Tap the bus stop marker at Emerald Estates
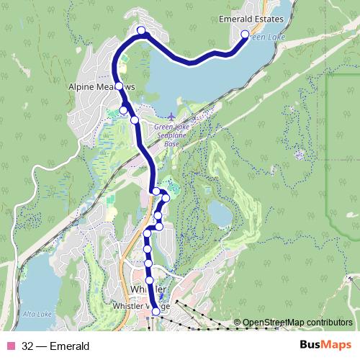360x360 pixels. click(245, 35)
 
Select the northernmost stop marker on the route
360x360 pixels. click(141, 30)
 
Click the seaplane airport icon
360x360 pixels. click(171, 117)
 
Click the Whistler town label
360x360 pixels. click(150, 289)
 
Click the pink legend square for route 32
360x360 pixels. click(10, 346)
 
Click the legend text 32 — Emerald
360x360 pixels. click(55, 346)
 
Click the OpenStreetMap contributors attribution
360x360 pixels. click(297, 323)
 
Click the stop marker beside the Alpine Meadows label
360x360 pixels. click(119, 84)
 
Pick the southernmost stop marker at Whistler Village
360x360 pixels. click(156, 312)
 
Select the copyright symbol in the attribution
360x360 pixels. click(237, 323)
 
